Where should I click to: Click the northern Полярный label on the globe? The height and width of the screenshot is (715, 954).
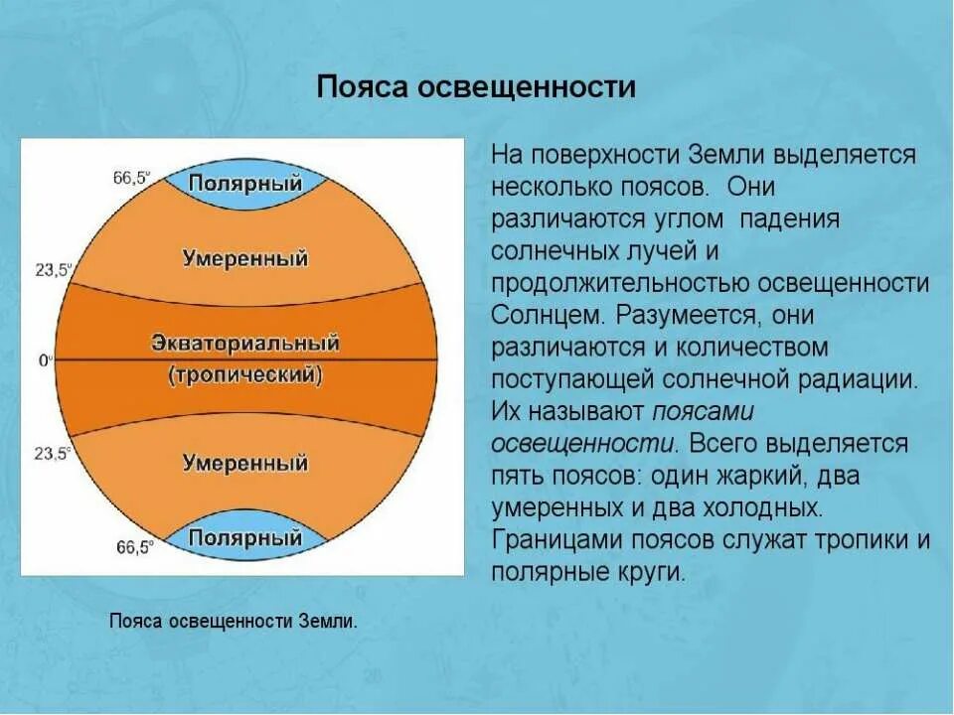(245, 184)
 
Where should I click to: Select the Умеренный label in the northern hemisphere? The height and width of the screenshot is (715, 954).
(245, 258)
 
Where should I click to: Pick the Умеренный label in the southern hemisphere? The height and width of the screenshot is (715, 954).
(245, 463)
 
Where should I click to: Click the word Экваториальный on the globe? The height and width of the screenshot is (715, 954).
(245, 344)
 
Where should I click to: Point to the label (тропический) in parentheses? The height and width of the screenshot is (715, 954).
(245, 375)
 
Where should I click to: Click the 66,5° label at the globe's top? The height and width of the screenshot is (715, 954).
(131, 179)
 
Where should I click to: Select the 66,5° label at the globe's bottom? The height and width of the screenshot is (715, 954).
(131, 547)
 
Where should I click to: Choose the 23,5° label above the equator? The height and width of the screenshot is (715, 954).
(53, 269)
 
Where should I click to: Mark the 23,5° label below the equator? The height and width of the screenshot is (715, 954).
(53, 453)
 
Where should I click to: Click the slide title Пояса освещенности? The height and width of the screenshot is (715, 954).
(476, 87)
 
